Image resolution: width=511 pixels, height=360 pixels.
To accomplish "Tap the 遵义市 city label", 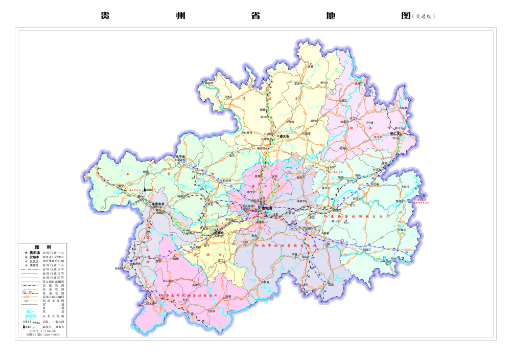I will pyautogui.click(x=284, y=137).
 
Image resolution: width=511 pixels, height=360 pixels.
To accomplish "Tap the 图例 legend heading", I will pyautogui.click(x=40, y=246).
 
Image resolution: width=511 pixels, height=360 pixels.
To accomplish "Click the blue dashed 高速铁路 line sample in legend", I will pyautogui.click(x=30, y=285).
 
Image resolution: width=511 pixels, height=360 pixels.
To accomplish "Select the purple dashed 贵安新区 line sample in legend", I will pyautogui.click(x=30, y=281).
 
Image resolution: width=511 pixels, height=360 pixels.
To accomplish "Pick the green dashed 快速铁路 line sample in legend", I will pyautogui.click(x=30, y=289).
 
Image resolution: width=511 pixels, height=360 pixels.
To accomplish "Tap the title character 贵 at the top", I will pyautogui.click(x=105, y=16).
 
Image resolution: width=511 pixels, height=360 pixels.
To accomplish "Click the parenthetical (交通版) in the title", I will pyautogui.click(x=424, y=16).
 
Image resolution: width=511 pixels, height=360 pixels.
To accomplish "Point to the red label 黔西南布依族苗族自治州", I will pyautogui.click(x=189, y=296).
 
